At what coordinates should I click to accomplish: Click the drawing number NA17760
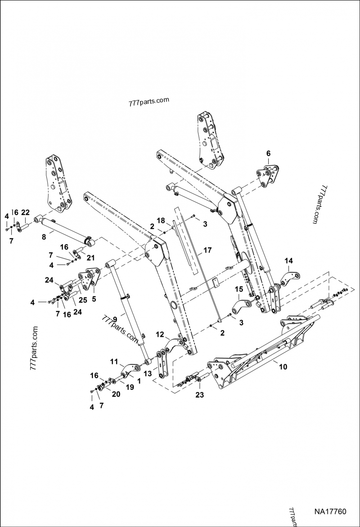tap(330, 512)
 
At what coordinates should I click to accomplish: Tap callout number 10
tap(283, 367)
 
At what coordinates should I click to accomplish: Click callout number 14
tap(288, 261)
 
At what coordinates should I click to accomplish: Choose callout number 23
tap(199, 395)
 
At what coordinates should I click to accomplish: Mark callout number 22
tap(25, 213)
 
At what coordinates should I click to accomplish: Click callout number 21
tap(90, 257)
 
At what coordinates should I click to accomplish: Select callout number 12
tap(160, 335)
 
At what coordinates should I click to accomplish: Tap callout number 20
tap(116, 394)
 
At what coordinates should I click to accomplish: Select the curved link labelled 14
tap(290, 277)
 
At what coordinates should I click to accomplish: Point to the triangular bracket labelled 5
tap(90, 281)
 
